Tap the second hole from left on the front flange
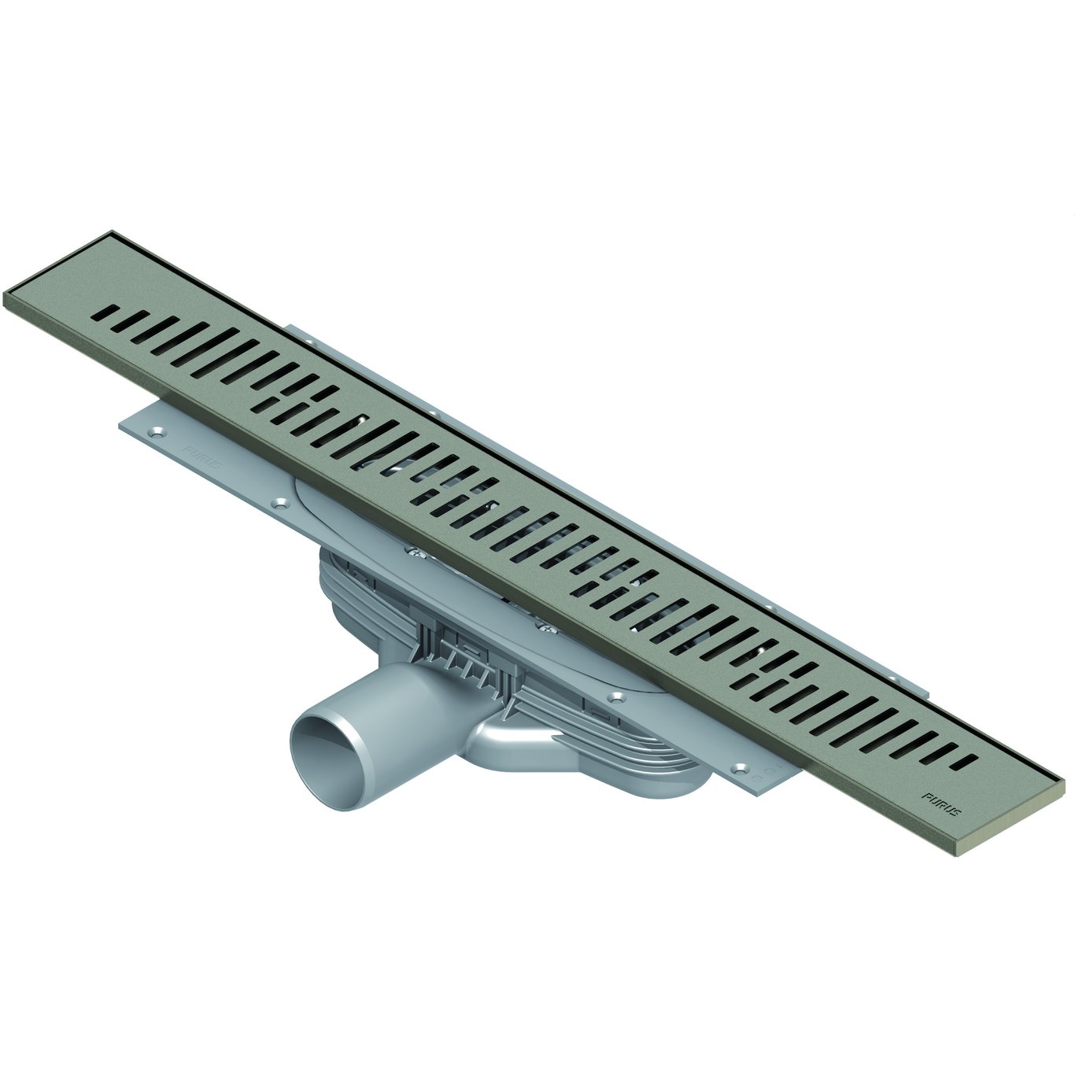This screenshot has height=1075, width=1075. [277, 501]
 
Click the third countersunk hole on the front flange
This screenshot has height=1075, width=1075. [615, 696]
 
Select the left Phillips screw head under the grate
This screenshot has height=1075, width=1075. [415, 552]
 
